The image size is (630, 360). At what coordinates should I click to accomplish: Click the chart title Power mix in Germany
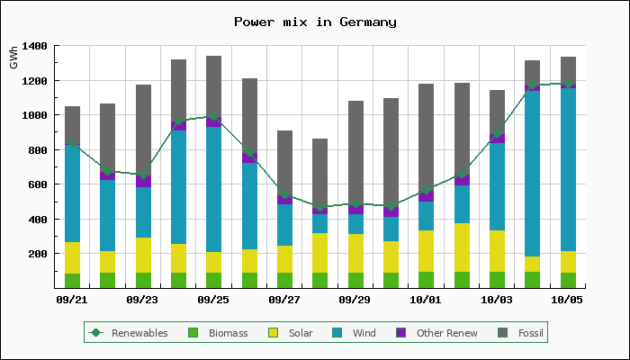tap(315, 22)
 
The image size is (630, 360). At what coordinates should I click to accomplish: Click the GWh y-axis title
tap(13, 58)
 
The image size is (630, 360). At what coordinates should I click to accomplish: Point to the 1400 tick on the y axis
tap(36, 46)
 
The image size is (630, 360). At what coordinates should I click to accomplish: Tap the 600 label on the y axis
tap(40, 184)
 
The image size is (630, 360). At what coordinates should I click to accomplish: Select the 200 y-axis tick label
tap(40, 254)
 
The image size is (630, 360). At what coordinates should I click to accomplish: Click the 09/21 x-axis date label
tap(72, 299)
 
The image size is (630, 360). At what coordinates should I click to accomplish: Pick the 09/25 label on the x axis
tap(213, 299)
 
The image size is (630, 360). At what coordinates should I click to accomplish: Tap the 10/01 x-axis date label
tap(425, 299)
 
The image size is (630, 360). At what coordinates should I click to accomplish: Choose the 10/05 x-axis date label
tap(567, 299)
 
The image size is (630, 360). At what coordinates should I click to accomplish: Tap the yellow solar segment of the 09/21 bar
tap(72, 257)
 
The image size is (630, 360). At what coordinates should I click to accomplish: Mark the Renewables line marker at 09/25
tap(213, 116)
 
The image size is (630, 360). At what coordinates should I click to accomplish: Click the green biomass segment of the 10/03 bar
tap(497, 280)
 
